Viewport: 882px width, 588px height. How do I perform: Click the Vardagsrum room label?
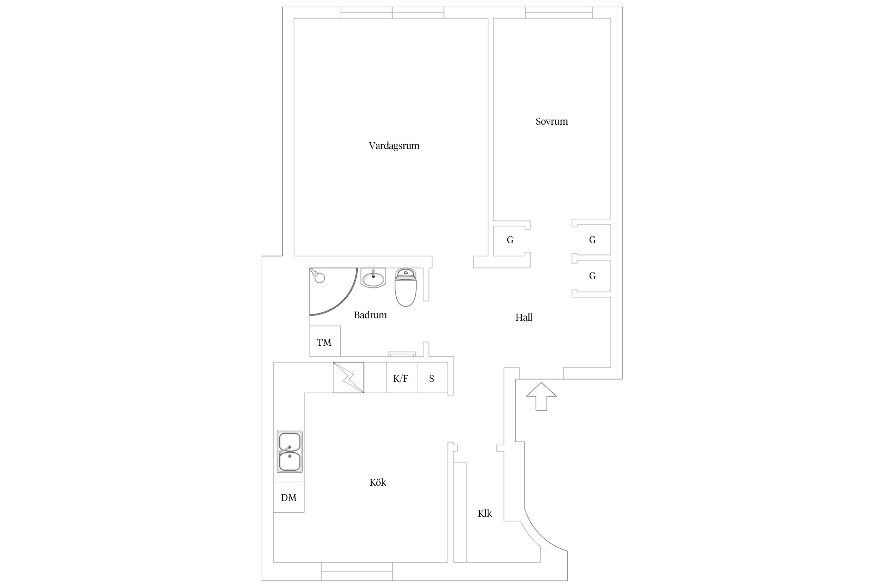click(x=394, y=146)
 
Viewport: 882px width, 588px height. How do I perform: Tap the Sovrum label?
click(x=552, y=122)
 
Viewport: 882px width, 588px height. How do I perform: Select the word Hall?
click(x=524, y=318)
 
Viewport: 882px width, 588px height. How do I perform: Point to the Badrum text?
click(x=370, y=315)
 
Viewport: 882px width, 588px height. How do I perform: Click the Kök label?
click(x=378, y=482)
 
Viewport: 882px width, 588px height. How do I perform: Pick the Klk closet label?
click(x=485, y=514)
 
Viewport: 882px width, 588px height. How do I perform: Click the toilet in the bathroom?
click(x=405, y=287)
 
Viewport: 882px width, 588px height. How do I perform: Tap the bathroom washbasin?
click(x=373, y=278)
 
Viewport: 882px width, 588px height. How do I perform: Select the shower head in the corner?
click(x=318, y=276)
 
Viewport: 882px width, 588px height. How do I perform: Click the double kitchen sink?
click(x=290, y=452)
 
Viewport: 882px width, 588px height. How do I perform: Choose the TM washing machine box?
click(x=325, y=341)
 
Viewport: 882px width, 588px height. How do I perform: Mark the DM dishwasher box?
click(x=289, y=497)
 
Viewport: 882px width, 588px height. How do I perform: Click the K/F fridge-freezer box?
click(x=401, y=377)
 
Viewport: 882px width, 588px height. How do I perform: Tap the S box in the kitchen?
click(x=432, y=377)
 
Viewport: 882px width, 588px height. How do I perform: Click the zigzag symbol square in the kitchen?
click(x=348, y=377)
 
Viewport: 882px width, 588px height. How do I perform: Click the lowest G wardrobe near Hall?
click(x=592, y=276)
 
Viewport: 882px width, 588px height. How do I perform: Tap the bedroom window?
click(x=559, y=13)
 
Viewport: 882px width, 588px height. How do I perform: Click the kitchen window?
click(x=357, y=571)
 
